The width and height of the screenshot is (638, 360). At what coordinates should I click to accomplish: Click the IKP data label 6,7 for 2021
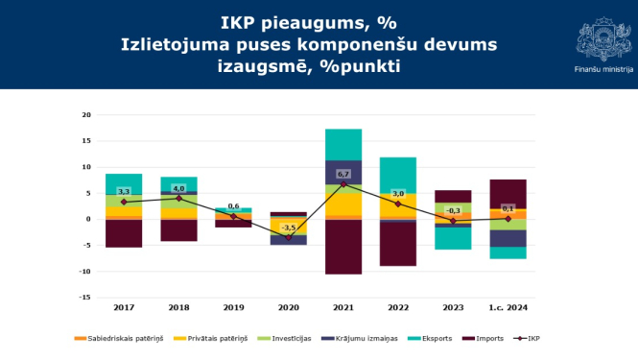(343, 174)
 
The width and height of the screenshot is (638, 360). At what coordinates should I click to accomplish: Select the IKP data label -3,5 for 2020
(289, 227)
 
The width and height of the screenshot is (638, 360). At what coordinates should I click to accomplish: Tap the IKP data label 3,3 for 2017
(124, 192)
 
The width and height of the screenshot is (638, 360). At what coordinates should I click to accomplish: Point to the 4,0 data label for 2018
(178, 188)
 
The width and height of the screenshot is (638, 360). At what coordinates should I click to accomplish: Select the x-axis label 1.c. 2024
(508, 306)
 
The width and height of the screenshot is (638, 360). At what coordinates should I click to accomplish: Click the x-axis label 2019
(233, 306)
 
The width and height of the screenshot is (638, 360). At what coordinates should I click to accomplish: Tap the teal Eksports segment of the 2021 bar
(343, 144)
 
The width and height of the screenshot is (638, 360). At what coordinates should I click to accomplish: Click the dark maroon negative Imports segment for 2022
(398, 244)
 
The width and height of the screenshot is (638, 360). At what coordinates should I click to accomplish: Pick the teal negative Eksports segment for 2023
(453, 238)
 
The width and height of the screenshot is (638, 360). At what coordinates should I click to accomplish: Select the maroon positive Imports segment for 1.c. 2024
(508, 193)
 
